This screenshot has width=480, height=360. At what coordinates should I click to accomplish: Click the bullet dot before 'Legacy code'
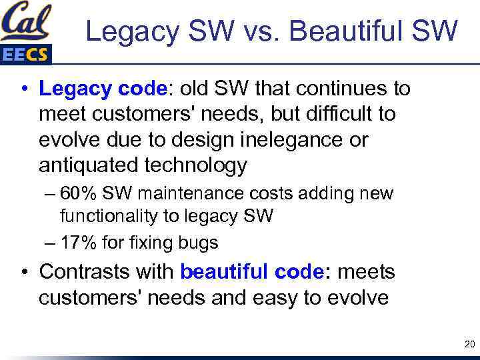(23, 89)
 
